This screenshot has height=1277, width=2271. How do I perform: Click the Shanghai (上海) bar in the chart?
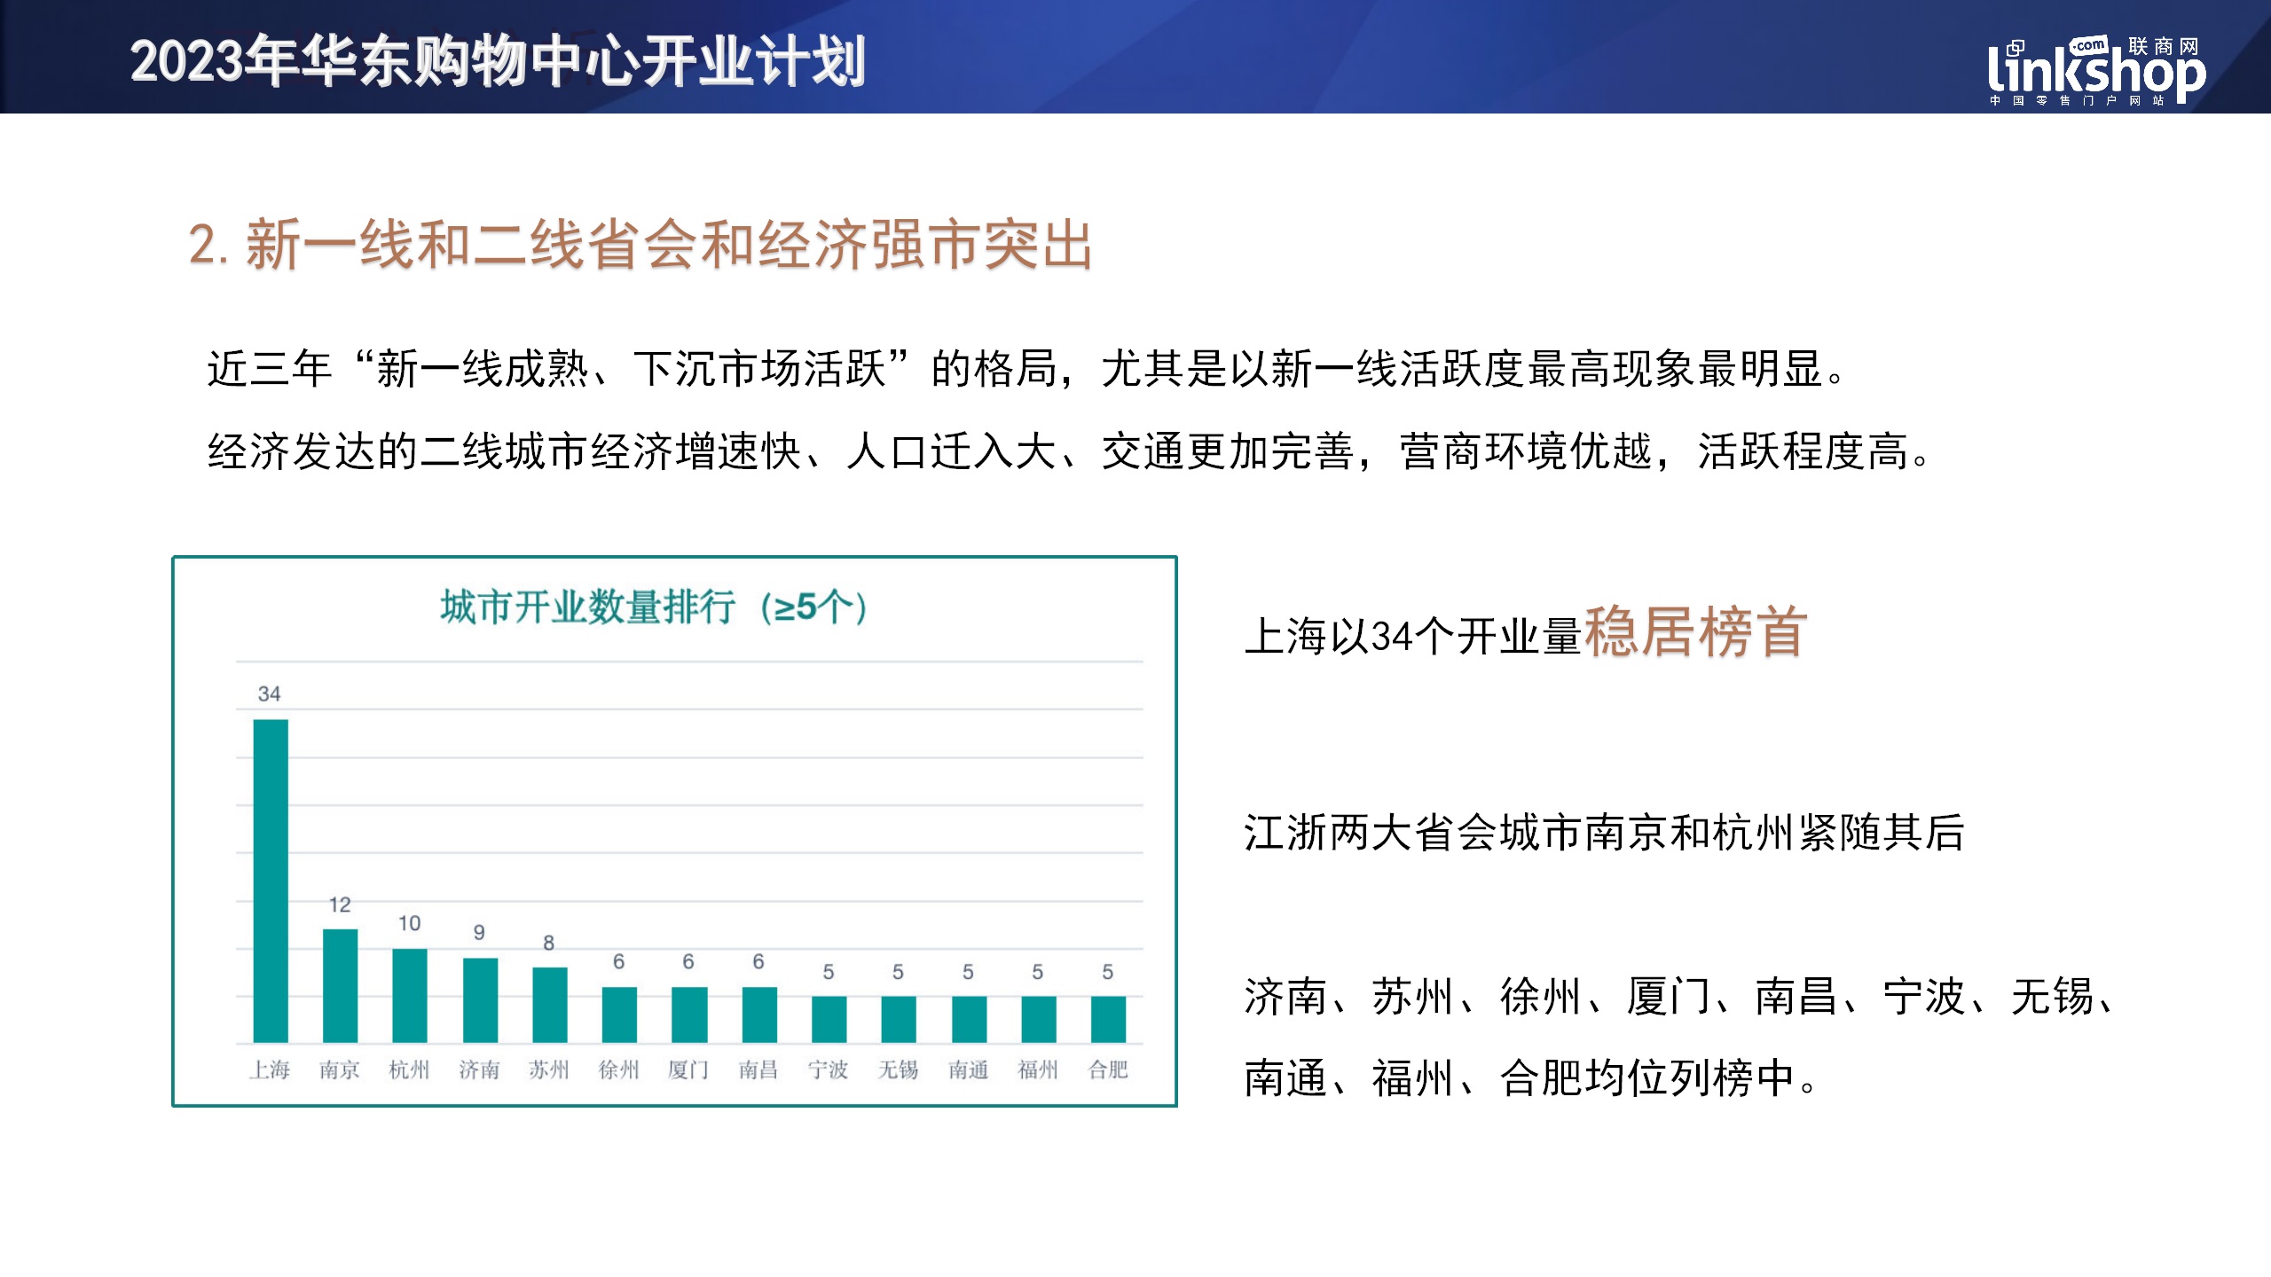tap(271, 881)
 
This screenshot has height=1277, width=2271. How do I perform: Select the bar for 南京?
tap(340, 985)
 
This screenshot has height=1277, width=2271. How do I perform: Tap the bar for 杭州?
tap(410, 995)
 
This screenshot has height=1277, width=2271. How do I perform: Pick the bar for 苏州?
tap(550, 1005)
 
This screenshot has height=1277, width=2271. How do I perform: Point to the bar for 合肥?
tap(1108, 1019)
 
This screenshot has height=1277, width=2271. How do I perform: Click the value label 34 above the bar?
tap(269, 693)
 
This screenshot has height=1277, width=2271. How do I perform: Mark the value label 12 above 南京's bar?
tap(340, 905)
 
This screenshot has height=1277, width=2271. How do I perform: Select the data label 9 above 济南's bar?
tap(479, 932)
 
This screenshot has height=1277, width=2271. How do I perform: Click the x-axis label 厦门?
tap(688, 1069)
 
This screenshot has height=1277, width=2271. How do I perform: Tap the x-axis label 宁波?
tap(828, 1069)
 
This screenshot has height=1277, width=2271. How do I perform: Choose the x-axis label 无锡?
tap(898, 1069)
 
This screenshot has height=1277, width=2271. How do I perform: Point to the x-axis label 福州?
tap(1038, 1069)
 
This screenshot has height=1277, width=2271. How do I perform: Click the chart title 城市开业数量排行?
tap(588, 607)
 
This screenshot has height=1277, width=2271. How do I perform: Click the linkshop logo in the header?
tap(2096, 71)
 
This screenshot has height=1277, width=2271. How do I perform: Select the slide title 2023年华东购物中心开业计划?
tap(498, 61)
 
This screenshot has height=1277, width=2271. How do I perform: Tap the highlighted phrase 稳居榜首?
tap(1695, 632)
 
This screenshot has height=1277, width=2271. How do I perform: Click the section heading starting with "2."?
tap(640, 244)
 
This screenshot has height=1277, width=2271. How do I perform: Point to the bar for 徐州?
tap(619, 1015)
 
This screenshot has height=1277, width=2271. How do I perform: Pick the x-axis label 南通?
tap(968, 1069)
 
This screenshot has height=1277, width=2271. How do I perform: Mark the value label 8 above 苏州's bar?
tap(549, 943)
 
